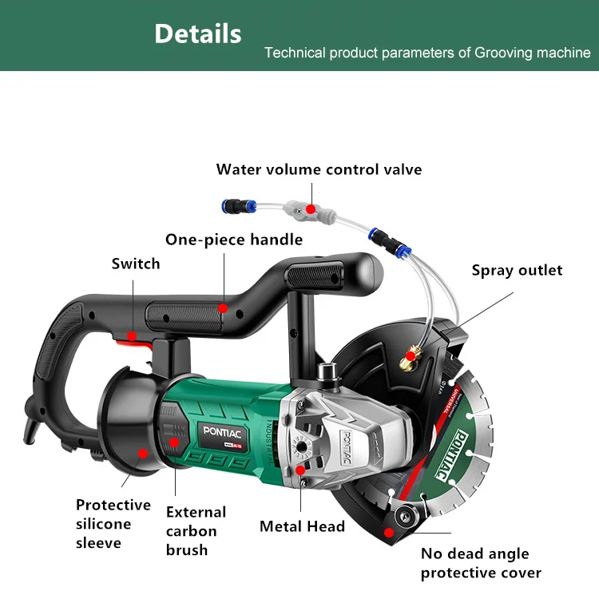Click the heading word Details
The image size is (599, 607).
point(197,34)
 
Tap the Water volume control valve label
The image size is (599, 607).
point(319,169)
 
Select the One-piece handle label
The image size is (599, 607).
point(234,240)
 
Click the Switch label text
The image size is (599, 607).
point(136,264)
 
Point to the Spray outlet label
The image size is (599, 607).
point(517,270)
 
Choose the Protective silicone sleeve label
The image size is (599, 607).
point(113,524)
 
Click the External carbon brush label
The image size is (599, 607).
point(196,531)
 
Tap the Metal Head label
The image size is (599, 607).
point(302,526)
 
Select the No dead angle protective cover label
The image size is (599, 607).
point(481,563)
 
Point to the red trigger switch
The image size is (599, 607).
point(128,340)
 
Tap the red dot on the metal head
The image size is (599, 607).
point(301,471)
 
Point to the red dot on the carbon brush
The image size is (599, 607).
point(175,441)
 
